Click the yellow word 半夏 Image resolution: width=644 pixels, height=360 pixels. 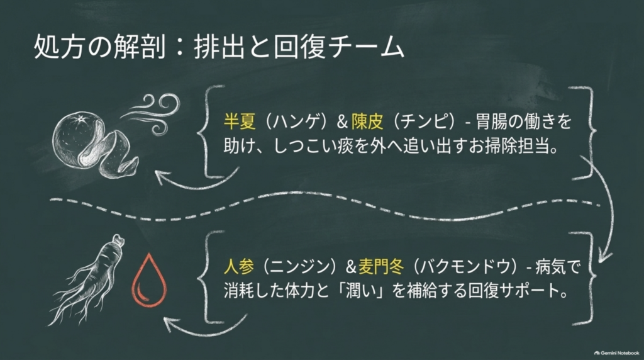(240, 121)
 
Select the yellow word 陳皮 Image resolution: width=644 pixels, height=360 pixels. (367, 121)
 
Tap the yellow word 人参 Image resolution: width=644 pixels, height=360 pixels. (239, 267)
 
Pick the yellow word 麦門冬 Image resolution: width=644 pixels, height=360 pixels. (381, 267)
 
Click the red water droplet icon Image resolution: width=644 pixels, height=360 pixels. (149, 280)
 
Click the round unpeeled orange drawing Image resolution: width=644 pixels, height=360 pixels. (78, 138)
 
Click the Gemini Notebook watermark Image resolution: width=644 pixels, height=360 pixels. (616, 353)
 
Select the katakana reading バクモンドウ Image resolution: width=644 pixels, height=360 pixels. (465, 267)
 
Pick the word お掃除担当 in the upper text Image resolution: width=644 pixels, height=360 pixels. (509, 146)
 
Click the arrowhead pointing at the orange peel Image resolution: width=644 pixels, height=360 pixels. (162, 177)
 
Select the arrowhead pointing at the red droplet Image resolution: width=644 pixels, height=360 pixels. (170, 323)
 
